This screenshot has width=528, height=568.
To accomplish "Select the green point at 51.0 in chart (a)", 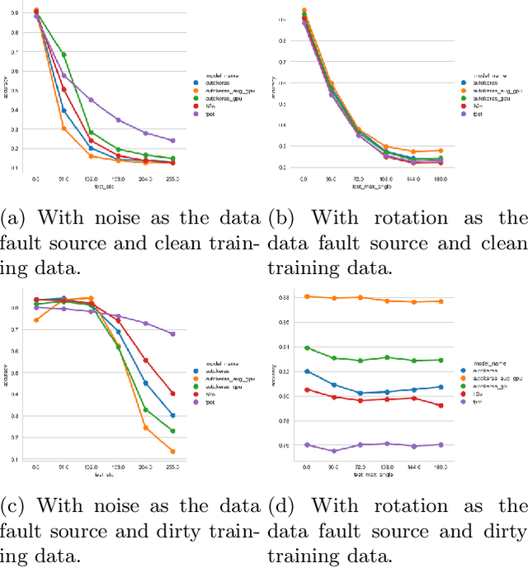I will [64, 54].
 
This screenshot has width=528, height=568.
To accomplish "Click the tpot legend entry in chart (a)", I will [200, 113].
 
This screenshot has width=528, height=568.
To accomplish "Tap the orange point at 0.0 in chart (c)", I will [35, 319].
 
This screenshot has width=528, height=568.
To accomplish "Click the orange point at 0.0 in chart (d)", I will [306, 296].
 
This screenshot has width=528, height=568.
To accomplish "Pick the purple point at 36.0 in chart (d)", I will [333, 451].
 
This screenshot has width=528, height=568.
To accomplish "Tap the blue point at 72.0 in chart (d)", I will [360, 393].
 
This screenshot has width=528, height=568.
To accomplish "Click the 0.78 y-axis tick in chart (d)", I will [285, 421].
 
